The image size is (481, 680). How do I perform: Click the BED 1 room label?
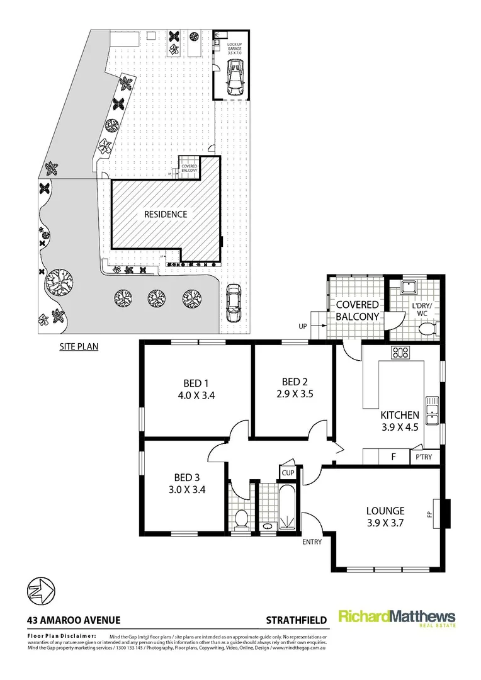pos(193,383)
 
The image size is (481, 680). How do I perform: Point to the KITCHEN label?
pos(400,415)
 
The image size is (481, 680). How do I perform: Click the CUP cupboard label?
pos(288,472)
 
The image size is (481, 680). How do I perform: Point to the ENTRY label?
pos(312,541)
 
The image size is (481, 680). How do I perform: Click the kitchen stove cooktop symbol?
pos(400,353)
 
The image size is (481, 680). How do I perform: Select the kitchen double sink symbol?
pos(432,410)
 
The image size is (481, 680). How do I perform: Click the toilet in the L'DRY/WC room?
pos(428,328)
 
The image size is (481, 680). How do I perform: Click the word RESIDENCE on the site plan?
pos(166,214)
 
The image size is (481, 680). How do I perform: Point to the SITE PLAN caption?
pos(79,346)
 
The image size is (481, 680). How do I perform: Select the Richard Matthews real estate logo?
pos(397,618)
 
